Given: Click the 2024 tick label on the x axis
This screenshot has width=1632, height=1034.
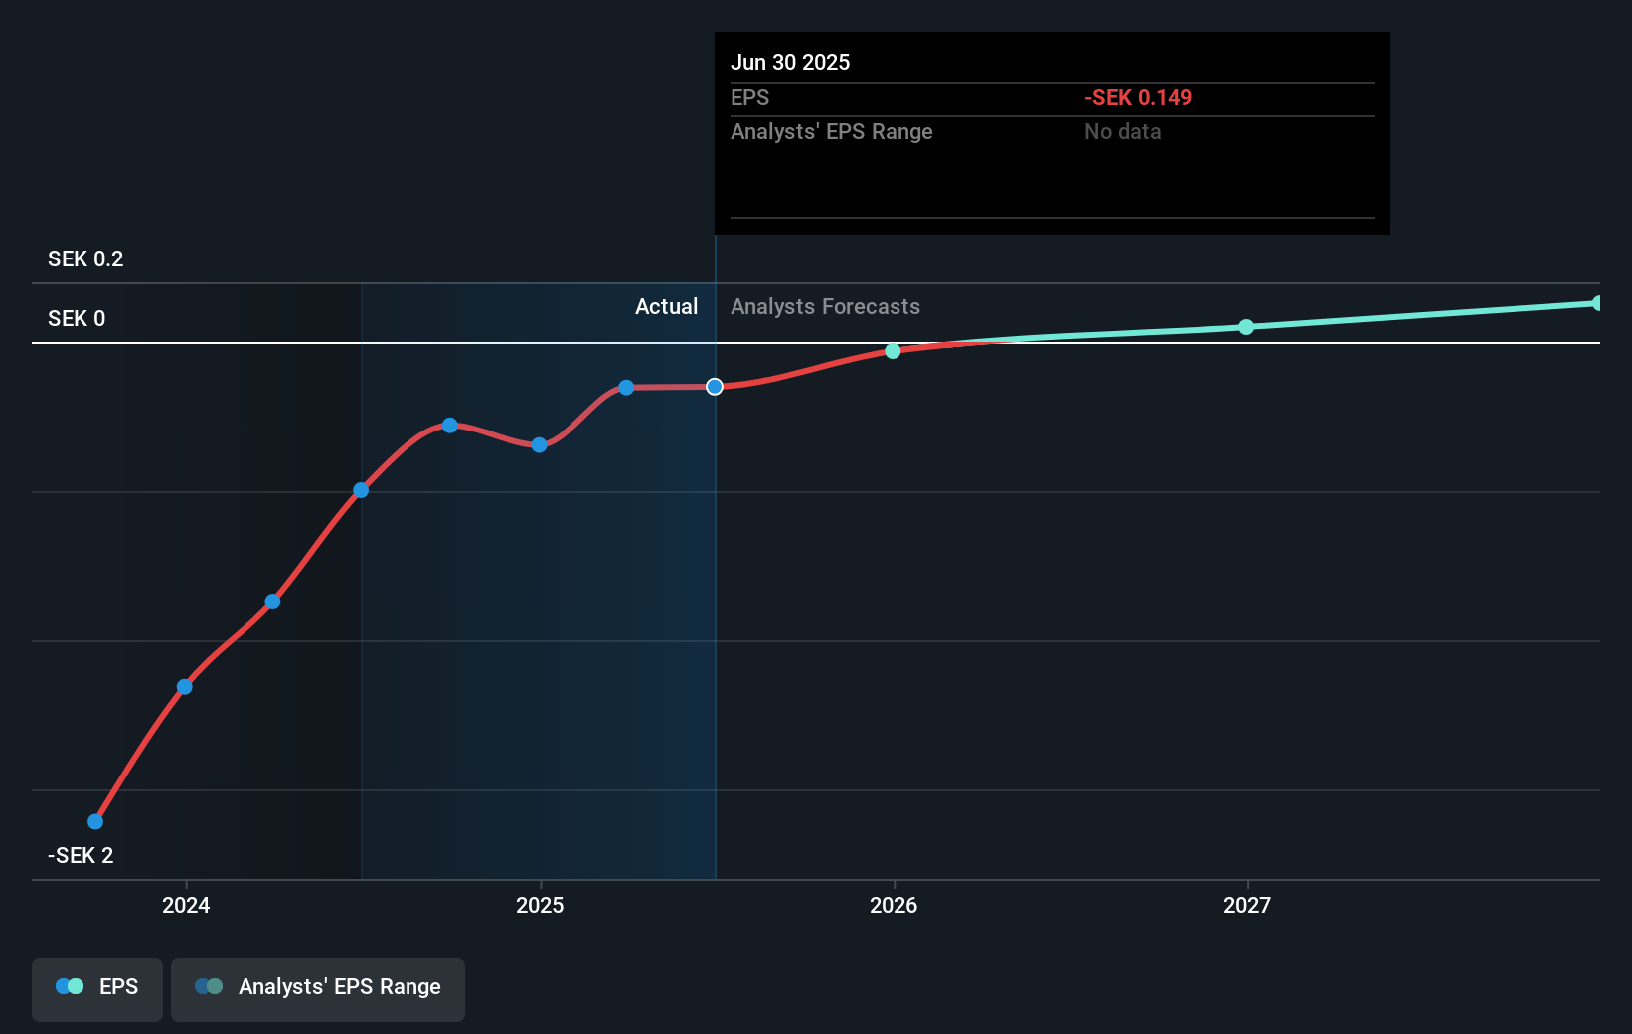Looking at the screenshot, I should pyautogui.click(x=186, y=905).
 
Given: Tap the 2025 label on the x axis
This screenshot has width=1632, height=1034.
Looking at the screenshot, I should pyautogui.click(x=540, y=905).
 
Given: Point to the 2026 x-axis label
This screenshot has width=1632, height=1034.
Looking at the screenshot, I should pyautogui.click(x=894, y=905).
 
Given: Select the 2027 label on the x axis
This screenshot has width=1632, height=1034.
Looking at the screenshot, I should pyautogui.click(x=1247, y=905).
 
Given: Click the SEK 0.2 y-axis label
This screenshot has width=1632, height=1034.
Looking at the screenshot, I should pyautogui.click(x=85, y=259).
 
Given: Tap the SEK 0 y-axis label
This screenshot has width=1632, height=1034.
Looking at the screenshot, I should pyautogui.click(x=77, y=319).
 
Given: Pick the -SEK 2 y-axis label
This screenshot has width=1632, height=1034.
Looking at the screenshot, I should pyautogui.click(x=81, y=856).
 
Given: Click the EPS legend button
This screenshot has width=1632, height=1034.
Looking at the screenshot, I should pyautogui.click(x=97, y=988).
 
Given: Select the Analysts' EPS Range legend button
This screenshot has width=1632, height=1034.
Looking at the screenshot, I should pyautogui.click(x=318, y=988).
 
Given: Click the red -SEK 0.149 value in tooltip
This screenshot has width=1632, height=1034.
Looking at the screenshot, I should pyautogui.click(x=1137, y=98).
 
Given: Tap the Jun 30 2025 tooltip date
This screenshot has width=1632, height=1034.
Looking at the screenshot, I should pyautogui.click(x=790, y=63).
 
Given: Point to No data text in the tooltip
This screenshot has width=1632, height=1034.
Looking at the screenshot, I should pyautogui.click(x=1122, y=132).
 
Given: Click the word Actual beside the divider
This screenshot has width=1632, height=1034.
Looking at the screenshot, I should pyautogui.click(x=666, y=307).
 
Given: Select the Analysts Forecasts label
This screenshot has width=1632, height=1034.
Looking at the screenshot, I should pyautogui.click(x=825, y=307).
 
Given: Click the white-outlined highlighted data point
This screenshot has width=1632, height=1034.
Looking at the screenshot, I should pyautogui.click(x=715, y=387).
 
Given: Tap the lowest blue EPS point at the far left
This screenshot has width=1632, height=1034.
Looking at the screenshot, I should pyautogui.click(x=95, y=821).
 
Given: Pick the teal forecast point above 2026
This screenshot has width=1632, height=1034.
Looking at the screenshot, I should pyautogui.click(x=893, y=351).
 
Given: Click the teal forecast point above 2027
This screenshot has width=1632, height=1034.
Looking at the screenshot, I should pyautogui.click(x=1246, y=327).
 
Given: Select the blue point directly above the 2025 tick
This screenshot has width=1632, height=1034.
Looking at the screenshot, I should pyautogui.click(x=539, y=445).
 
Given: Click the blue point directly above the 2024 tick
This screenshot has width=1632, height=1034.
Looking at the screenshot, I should pyautogui.click(x=185, y=687).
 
